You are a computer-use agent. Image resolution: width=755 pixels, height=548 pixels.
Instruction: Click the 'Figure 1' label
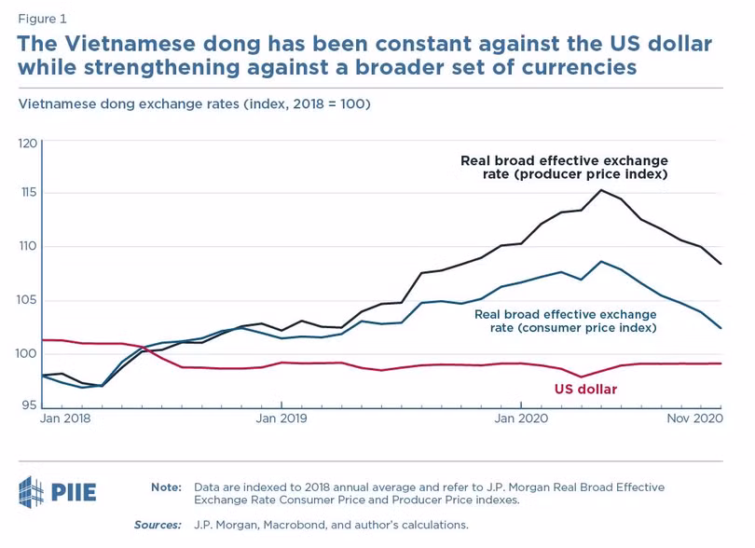[42, 20]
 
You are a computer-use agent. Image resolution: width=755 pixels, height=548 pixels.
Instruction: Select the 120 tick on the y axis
[27, 144]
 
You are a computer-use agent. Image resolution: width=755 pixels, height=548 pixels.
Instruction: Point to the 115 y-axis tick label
[28, 193]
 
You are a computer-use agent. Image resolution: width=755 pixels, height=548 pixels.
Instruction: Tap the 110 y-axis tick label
[27, 246]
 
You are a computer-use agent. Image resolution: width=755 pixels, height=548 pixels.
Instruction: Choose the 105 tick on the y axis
[27, 300]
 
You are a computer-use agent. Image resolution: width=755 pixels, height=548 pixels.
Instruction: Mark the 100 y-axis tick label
[26, 353]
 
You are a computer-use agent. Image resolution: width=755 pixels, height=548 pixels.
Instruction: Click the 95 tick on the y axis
[29, 405]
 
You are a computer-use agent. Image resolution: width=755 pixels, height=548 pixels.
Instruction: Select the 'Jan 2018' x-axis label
[65, 418]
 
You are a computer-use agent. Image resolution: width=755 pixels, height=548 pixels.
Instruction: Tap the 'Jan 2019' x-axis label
[281, 418]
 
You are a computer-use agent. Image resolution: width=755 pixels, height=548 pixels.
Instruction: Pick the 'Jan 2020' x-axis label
[521, 418]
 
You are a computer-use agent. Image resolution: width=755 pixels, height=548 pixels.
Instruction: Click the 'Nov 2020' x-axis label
[694, 418]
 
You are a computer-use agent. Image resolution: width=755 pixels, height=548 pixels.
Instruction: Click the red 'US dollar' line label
[585, 389]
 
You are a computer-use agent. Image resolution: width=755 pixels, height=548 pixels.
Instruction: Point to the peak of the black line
[601, 190]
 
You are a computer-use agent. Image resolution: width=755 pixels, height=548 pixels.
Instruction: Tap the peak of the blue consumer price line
[601, 262]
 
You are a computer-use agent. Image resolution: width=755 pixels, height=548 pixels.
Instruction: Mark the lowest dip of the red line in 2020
[582, 377]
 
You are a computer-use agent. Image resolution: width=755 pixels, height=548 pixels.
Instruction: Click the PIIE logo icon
[32, 492]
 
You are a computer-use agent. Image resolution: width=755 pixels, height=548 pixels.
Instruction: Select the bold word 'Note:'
[166, 487]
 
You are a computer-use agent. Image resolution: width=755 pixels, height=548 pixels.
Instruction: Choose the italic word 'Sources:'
[158, 525]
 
